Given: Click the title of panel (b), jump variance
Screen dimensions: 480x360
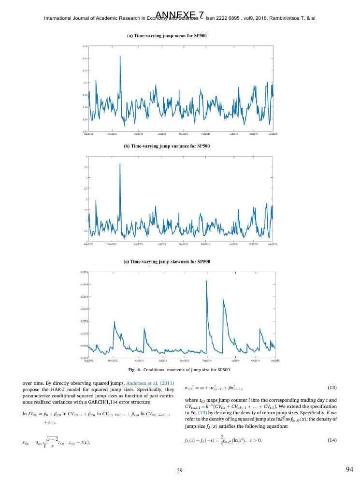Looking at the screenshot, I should (179, 145).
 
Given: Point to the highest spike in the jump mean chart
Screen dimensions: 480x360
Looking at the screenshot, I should (119, 57).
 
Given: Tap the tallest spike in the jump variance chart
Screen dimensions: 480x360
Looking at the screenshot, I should (119, 164).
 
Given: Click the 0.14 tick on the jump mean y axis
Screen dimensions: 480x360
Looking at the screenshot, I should (85, 58).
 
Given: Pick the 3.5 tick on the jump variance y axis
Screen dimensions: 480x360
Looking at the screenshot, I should (86, 167).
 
